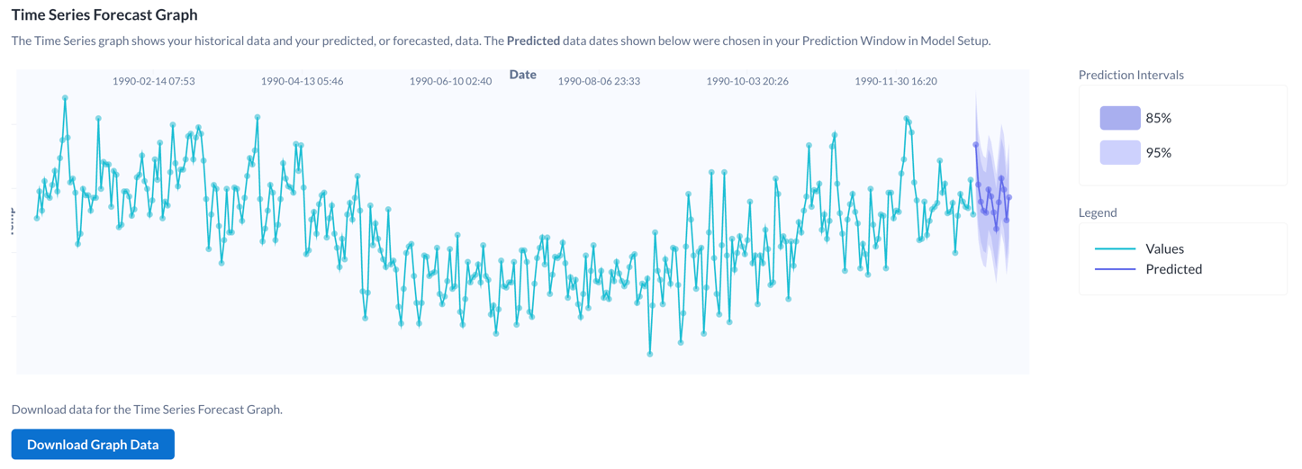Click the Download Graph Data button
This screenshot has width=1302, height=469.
point(93,445)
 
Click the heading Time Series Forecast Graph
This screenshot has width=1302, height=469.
point(104,14)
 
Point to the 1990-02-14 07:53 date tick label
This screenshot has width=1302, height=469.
point(153,81)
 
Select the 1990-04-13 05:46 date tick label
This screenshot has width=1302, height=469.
point(302,81)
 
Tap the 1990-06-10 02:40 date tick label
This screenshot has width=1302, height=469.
point(450,81)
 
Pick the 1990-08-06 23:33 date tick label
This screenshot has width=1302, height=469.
point(599,81)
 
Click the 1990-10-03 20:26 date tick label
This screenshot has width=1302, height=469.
point(747,81)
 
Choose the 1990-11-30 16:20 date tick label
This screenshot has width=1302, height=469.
point(896,81)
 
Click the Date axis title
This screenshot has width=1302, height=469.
point(522,75)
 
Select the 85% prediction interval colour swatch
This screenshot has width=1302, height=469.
point(1119,118)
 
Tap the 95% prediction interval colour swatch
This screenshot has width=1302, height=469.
point(1119,153)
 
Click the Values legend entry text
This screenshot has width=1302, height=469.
point(1164,248)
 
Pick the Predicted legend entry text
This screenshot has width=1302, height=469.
point(1173,269)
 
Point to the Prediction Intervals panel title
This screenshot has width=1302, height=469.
point(1131,75)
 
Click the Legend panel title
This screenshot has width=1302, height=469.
point(1098,212)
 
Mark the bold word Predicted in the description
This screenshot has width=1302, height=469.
point(533,41)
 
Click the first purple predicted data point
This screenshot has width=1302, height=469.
point(975,145)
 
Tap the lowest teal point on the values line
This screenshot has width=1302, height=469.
point(649,355)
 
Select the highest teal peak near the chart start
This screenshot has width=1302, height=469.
point(65,97)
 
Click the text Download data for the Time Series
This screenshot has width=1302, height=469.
point(147,410)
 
